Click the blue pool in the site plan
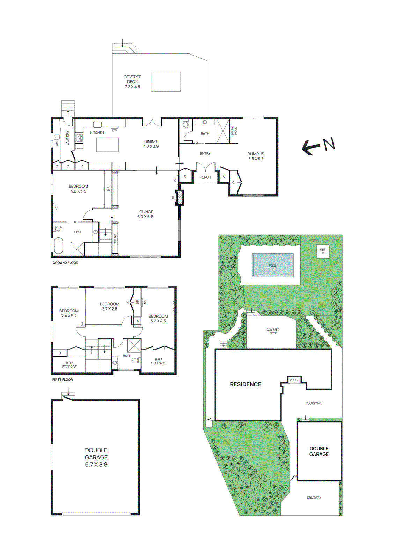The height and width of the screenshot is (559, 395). tap(272, 265)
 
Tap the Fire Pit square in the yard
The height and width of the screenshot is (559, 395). tap(322, 251)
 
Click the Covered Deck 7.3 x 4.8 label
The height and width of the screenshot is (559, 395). tap(132, 82)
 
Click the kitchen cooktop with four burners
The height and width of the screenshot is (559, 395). tap(80, 138)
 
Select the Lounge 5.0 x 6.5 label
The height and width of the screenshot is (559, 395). tap(145, 214)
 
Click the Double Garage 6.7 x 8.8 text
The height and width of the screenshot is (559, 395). tap(96, 457)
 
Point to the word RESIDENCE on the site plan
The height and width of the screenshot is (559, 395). tap(246, 384)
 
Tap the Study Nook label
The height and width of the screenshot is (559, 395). tap(234, 131)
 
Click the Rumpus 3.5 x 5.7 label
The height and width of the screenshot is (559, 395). tap(256, 156)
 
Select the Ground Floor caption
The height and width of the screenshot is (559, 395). tap(65, 263)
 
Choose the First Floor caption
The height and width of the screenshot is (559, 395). tap(63, 379)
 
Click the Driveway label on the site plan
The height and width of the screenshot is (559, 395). tap(314, 498)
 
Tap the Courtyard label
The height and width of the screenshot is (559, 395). tap(314, 403)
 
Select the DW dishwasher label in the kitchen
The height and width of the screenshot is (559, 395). tap(114, 130)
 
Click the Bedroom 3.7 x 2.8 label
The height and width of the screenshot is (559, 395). tap(110, 306)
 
